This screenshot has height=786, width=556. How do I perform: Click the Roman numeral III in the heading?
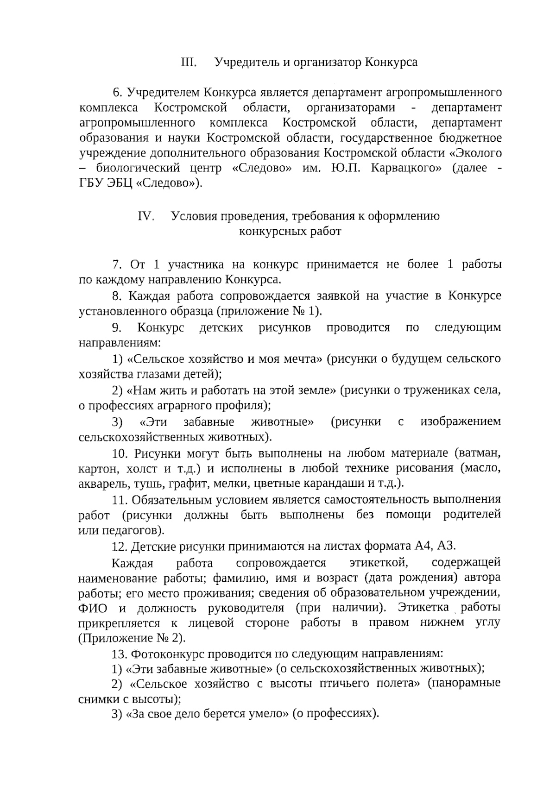pyautogui.click(x=189, y=62)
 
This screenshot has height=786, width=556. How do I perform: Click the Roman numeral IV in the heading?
pyautogui.click(x=146, y=216)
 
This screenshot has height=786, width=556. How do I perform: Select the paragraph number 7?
pyautogui.click(x=116, y=265)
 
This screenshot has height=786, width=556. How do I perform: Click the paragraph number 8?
pyautogui.click(x=116, y=296)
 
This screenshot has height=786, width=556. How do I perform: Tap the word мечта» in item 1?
pyautogui.click(x=302, y=359)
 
